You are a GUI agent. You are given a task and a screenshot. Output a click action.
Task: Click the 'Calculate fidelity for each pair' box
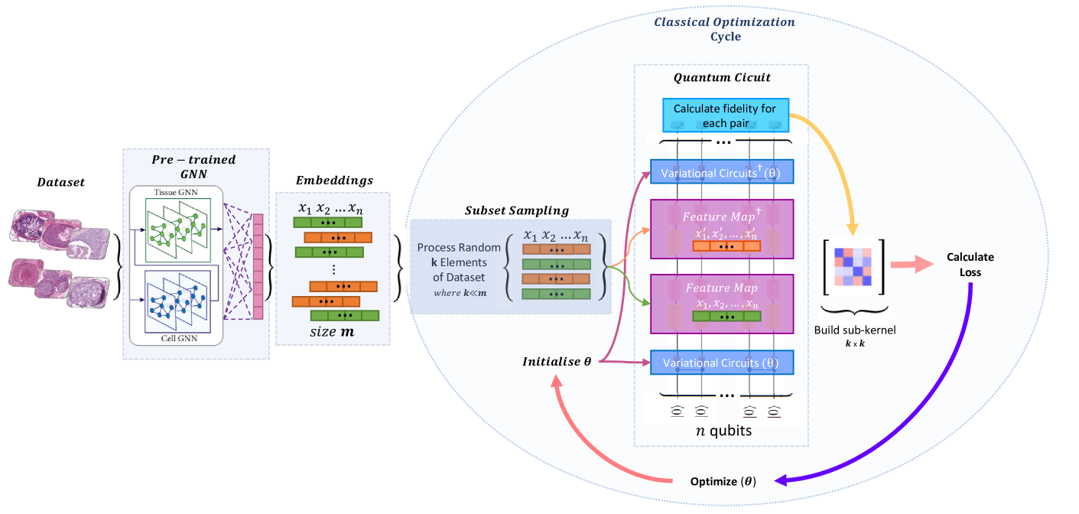click(x=724, y=115)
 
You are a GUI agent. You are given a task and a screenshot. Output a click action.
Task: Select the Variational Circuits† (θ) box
click(x=722, y=172)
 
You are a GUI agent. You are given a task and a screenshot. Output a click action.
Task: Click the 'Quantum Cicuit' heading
click(x=721, y=78)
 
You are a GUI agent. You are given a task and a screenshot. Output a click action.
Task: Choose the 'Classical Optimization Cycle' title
click(x=723, y=29)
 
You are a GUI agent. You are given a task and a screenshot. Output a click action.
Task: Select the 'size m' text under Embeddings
click(x=332, y=332)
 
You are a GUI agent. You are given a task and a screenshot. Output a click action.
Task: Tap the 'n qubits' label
click(x=723, y=431)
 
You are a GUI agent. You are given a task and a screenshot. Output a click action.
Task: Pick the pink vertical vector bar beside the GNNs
click(x=258, y=268)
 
